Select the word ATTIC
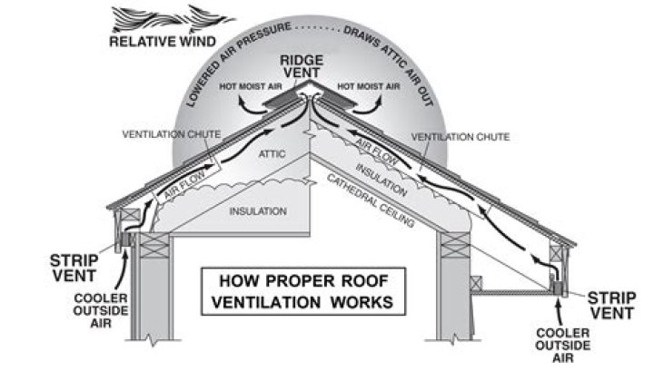coord(272,154)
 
